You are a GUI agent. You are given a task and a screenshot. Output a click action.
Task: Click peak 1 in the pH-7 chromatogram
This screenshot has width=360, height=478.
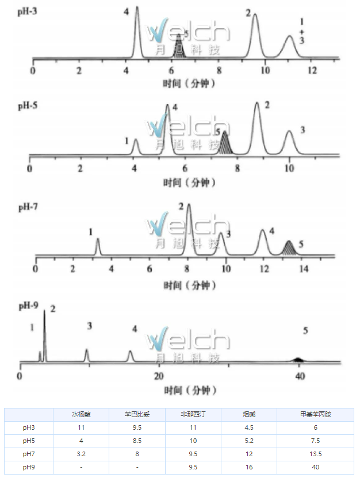(x=97, y=247)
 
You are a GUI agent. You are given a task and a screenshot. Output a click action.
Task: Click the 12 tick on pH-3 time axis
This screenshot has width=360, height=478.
(x=311, y=71)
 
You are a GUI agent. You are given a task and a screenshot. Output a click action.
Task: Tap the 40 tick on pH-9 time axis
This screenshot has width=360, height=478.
(x=299, y=376)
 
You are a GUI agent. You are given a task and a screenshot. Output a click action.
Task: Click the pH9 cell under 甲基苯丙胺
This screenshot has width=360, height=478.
(x=316, y=467)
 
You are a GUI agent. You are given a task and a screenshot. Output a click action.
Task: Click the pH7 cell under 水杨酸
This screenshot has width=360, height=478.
(x=82, y=454)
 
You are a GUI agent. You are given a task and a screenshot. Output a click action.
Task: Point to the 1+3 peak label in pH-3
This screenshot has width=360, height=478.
(x=302, y=31)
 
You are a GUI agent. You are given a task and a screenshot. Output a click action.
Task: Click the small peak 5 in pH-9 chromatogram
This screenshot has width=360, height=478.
(x=297, y=360)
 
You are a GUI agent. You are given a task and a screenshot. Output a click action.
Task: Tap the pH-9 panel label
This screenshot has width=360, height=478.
(x=28, y=305)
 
